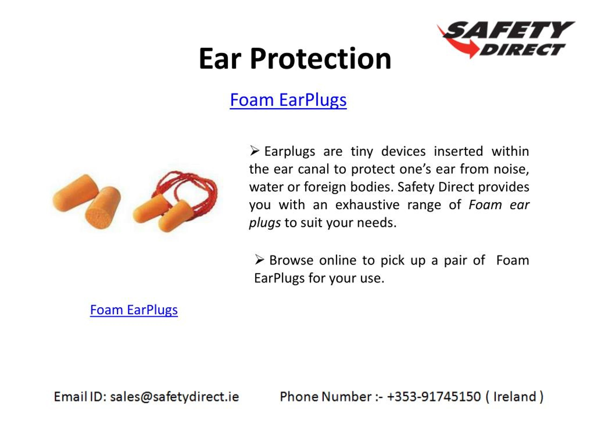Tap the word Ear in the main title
(219, 59)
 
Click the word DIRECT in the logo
(522, 50)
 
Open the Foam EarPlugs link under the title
(288, 100)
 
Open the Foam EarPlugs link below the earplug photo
(134, 310)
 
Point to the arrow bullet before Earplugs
(254, 151)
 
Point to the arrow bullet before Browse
(259, 260)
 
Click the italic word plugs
(265, 223)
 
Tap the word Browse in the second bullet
(291, 260)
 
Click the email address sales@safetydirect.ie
(174, 397)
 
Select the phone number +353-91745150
(434, 397)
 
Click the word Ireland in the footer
(515, 397)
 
